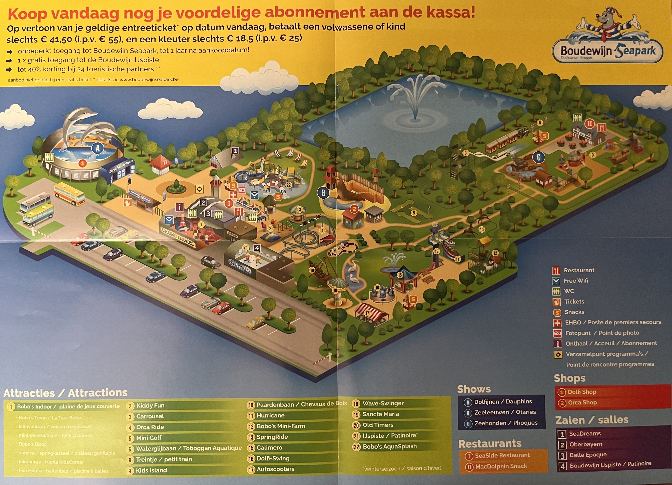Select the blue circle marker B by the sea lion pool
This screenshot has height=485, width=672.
point(323,193)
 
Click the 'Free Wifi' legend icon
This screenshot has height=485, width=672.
point(556,281)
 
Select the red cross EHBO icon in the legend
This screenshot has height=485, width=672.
point(557,323)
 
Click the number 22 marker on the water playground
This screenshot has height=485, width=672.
point(289,185)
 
